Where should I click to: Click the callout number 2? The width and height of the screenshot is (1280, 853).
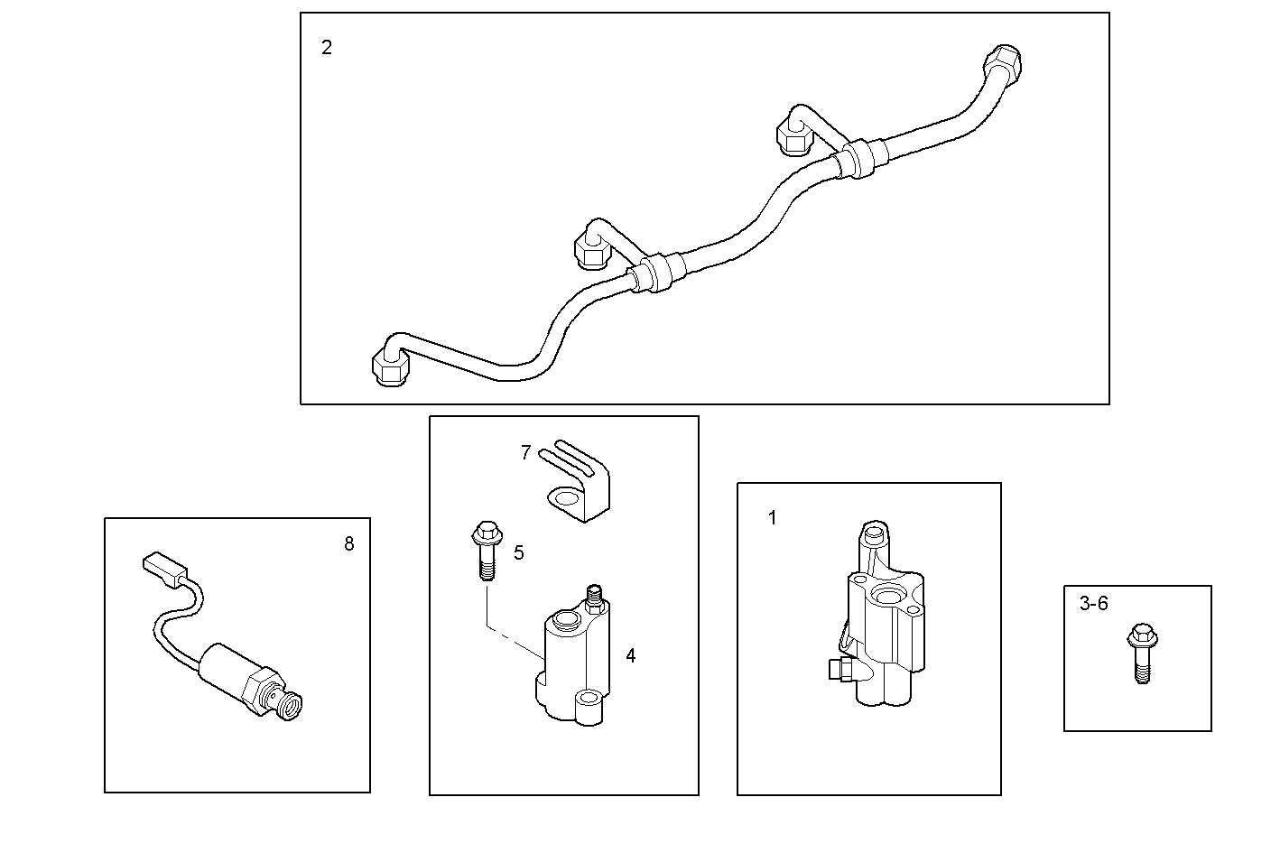pyautogui.click(x=327, y=48)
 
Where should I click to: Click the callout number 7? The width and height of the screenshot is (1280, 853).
pyautogui.click(x=525, y=452)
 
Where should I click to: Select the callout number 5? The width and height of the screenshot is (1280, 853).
pyautogui.click(x=519, y=552)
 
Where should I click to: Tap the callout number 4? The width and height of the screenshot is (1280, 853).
pyautogui.click(x=630, y=656)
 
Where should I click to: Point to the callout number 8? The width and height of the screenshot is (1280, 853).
pyautogui.click(x=349, y=543)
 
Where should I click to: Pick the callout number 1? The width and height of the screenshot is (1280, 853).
pyautogui.click(x=772, y=518)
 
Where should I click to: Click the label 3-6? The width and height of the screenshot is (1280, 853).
pyautogui.click(x=1093, y=604)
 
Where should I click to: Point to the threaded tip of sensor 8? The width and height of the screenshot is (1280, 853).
pyautogui.click(x=290, y=704)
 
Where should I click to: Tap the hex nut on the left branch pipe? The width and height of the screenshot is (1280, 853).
pyautogui.click(x=592, y=249)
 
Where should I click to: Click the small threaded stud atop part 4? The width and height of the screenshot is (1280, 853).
pyautogui.click(x=595, y=597)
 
